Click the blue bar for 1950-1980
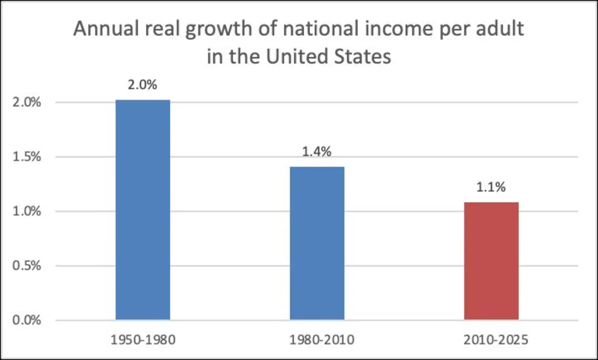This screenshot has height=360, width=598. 143,210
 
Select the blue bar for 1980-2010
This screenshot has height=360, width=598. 317,243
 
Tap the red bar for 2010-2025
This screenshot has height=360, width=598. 491,261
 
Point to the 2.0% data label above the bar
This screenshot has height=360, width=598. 143,85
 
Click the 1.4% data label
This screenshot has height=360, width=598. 317,152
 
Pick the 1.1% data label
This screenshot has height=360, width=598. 491,187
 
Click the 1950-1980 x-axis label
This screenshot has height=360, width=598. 143,340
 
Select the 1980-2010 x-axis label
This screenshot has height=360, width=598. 317,340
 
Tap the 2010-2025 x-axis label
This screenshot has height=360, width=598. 491,340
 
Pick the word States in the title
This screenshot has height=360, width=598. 363,56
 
